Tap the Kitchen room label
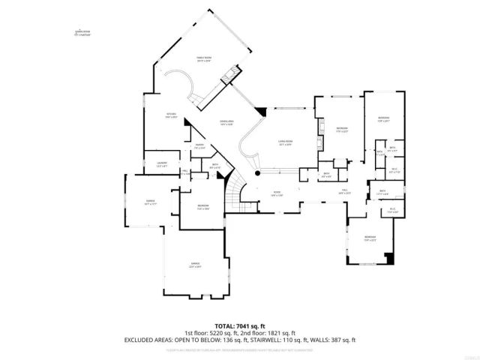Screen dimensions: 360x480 [x=171, y=115]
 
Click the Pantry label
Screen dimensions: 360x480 [x=200, y=146]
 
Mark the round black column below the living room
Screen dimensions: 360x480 [x=257, y=173]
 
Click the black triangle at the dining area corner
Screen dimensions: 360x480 [x=261, y=112]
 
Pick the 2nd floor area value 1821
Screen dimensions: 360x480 [x=278, y=333]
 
